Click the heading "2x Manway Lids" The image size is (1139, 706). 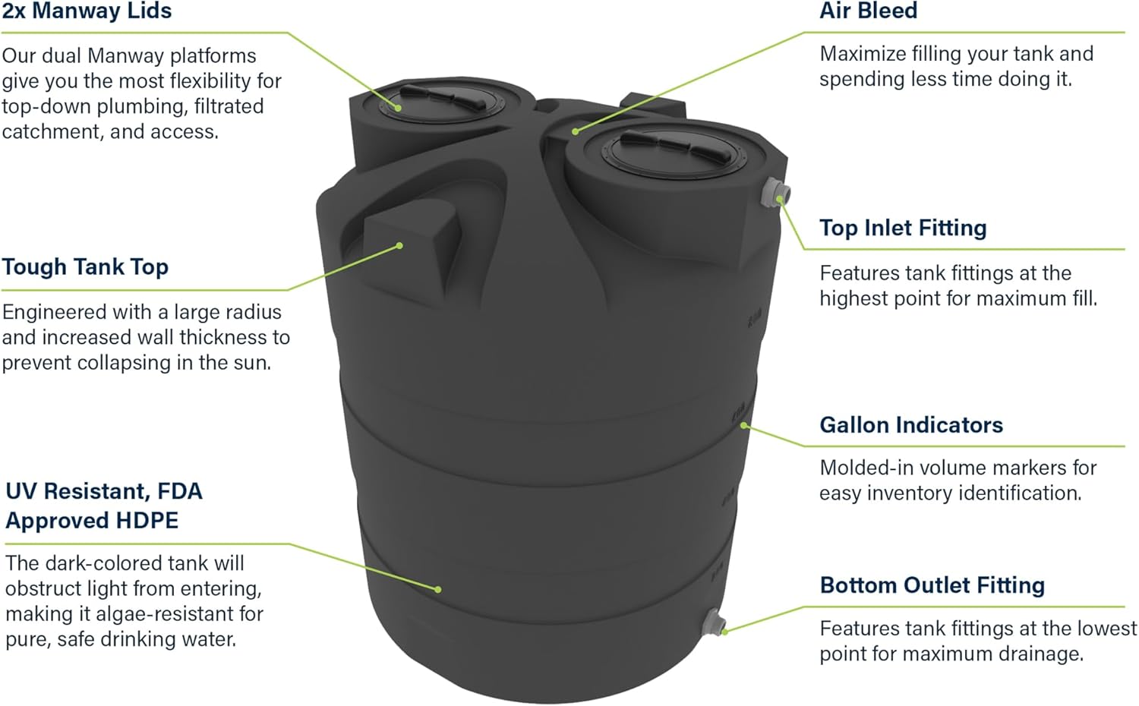click(87, 11)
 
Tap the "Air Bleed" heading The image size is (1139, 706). click(868, 11)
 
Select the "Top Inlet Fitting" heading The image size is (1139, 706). click(903, 228)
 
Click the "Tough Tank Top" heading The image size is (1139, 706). click(85, 267)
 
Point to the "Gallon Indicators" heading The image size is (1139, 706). click(911, 425)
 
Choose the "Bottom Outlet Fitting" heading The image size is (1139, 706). click(932, 585)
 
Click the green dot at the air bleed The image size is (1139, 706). click(576, 131)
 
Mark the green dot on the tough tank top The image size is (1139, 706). click(400, 245)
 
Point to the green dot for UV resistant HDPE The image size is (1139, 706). click(438, 589)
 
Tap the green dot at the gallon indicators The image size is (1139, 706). click(743, 426)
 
